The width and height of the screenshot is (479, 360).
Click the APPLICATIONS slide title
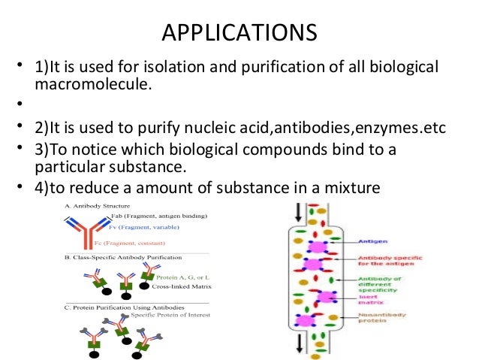coord(239,35)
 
